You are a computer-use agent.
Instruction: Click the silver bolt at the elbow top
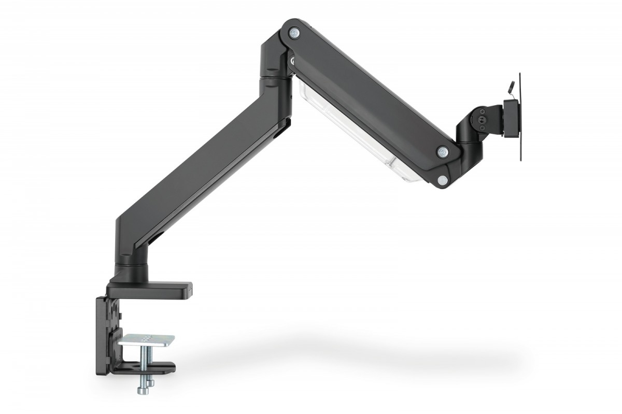coord(294,32)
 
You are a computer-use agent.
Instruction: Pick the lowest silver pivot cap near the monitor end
coord(442,179)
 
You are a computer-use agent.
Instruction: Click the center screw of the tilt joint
coord(483,119)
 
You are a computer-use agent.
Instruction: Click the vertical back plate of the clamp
coord(106,332)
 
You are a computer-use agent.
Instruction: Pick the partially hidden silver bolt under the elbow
coord(293,61)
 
